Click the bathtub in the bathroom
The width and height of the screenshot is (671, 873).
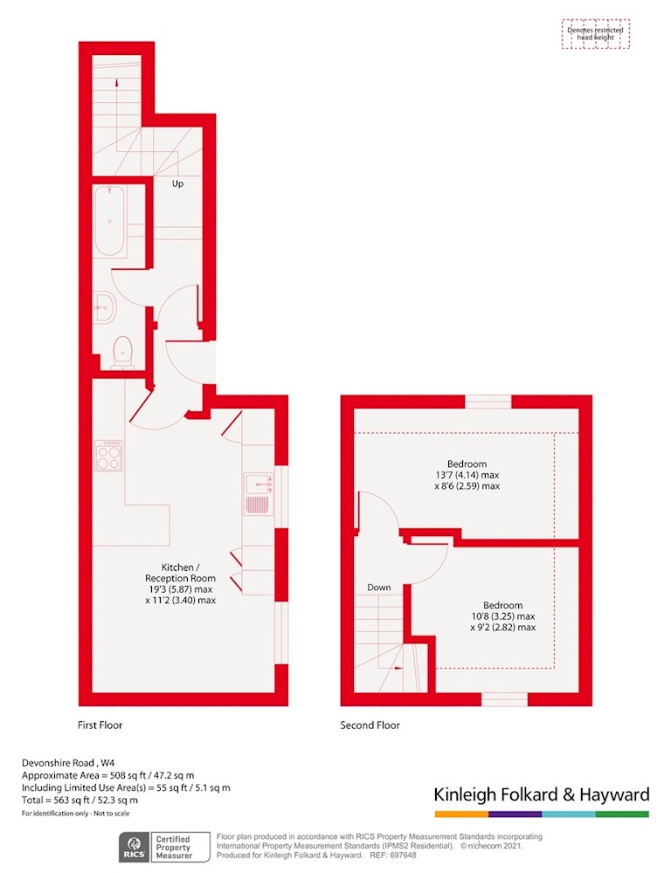[x=110, y=221]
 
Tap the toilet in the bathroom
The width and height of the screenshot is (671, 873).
[x=122, y=353]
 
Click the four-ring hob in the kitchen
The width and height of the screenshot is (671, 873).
[x=108, y=456]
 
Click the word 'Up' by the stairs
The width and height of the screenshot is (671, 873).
[x=177, y=183]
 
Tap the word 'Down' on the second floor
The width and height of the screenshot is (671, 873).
[x=379, y=588]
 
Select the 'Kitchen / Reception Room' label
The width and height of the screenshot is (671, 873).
[x=180, y=583]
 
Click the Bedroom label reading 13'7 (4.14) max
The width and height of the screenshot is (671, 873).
[x=467, y=475]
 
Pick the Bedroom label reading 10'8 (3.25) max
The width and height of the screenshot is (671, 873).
[x=502, y=616]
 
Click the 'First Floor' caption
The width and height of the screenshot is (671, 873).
[x=100, y=725]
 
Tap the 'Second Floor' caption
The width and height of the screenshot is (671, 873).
[x=370, y=725]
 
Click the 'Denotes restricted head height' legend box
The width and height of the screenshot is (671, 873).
[x=596, y=34]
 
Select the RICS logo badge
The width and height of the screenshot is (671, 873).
[x=135, y=848]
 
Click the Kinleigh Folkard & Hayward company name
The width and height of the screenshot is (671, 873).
[x=542, y=794]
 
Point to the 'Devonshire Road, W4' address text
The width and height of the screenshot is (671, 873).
[x=68, y=763]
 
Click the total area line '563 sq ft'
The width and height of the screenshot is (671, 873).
[x=80, y=800]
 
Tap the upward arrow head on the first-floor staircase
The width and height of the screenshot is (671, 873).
[x=117, y=83]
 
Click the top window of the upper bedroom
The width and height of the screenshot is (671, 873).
[x=488, y=402]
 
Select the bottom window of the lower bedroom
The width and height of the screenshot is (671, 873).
[x=504, y=699]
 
